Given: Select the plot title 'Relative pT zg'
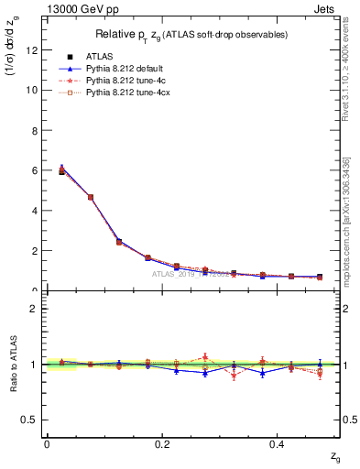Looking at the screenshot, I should pyautogui.click(x=192, y=34).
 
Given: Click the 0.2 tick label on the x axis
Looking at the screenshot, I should pyautogui.click(x=163, y=443).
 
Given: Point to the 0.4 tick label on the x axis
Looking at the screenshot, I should pyautogui.click(x=280, y=443).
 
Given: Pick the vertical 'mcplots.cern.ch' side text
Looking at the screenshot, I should pyautogui.click(x=348, y=238).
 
